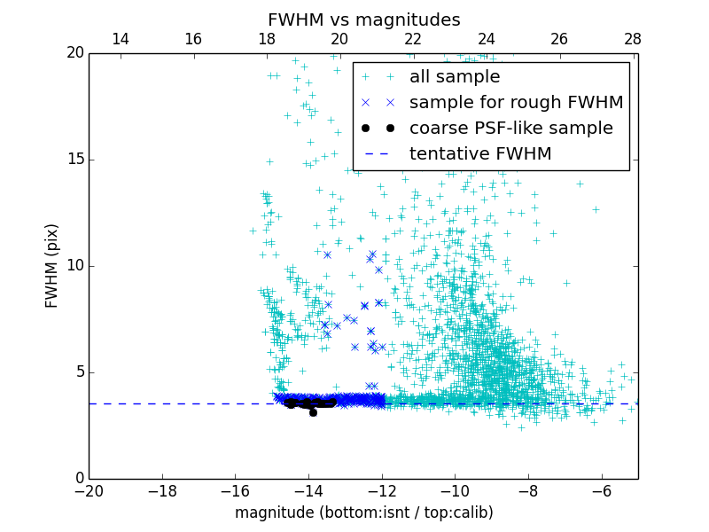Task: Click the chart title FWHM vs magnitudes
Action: (363, 20)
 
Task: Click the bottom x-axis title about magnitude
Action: (363, 512)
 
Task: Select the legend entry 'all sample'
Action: (454, 77)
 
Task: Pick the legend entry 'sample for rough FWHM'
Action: (516, 103)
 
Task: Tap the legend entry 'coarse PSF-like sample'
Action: (510, 129)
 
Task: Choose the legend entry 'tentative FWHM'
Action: (479, 154)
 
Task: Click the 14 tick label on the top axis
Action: (120, 39)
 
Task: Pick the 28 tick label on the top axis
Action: (632, 39)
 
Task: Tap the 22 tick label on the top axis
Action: (412, 39)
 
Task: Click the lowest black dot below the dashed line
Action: (313, 412)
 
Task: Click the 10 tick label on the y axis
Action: (73, 266)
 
